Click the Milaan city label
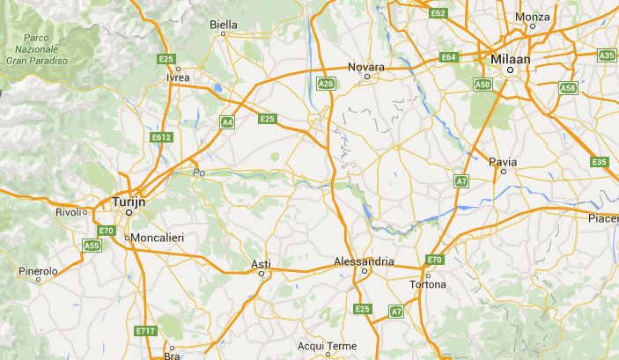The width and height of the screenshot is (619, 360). [511, 57]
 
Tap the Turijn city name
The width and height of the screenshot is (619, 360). [129, 202]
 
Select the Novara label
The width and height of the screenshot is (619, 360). [366, 67]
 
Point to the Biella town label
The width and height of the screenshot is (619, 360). [224, 25]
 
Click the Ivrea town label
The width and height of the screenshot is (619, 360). [178, 77]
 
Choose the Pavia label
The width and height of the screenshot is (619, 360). [503, 162]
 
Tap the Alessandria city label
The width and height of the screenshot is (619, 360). [365, 261]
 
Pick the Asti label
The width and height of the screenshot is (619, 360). [261, 264]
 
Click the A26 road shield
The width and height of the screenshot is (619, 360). [326, 84]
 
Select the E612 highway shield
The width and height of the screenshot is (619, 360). [160, 137]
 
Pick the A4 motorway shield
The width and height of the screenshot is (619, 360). [227, 123]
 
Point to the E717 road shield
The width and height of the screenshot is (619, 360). [145, 331]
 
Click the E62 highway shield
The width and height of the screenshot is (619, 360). [438, 13]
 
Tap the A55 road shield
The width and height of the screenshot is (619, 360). [92, 246]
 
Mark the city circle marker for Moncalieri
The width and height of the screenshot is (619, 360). [127, 238]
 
